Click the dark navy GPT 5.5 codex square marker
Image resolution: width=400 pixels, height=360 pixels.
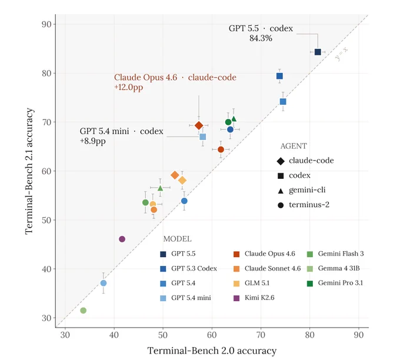318,52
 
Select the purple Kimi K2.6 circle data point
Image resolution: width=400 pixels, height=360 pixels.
122,239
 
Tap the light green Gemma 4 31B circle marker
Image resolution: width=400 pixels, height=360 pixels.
83,311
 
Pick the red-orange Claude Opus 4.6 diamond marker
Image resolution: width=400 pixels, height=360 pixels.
199,125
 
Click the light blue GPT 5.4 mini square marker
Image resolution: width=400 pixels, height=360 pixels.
203,137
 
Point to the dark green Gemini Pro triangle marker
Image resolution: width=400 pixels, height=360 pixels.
234,119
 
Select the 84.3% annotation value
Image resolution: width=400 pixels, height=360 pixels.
261,38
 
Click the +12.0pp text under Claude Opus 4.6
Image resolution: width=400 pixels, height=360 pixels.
129,88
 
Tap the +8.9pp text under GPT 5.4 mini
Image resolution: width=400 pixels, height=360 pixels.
92,141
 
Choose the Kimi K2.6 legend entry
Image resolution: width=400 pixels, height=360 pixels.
254,298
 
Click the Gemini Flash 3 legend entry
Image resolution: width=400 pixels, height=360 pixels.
335,254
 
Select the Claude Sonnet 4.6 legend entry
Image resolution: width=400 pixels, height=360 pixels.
267,269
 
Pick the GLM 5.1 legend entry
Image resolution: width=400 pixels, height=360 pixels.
252,283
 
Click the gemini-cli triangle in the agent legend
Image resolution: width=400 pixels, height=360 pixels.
281,191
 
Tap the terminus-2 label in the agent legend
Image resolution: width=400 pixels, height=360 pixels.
309,205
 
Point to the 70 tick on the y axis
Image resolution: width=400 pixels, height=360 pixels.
46,122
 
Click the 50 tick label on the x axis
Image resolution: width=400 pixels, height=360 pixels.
163,335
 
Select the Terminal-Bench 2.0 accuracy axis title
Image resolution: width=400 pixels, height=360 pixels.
212,351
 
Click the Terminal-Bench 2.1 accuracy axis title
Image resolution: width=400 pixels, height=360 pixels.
29,171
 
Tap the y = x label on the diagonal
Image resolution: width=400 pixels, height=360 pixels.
341,54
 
